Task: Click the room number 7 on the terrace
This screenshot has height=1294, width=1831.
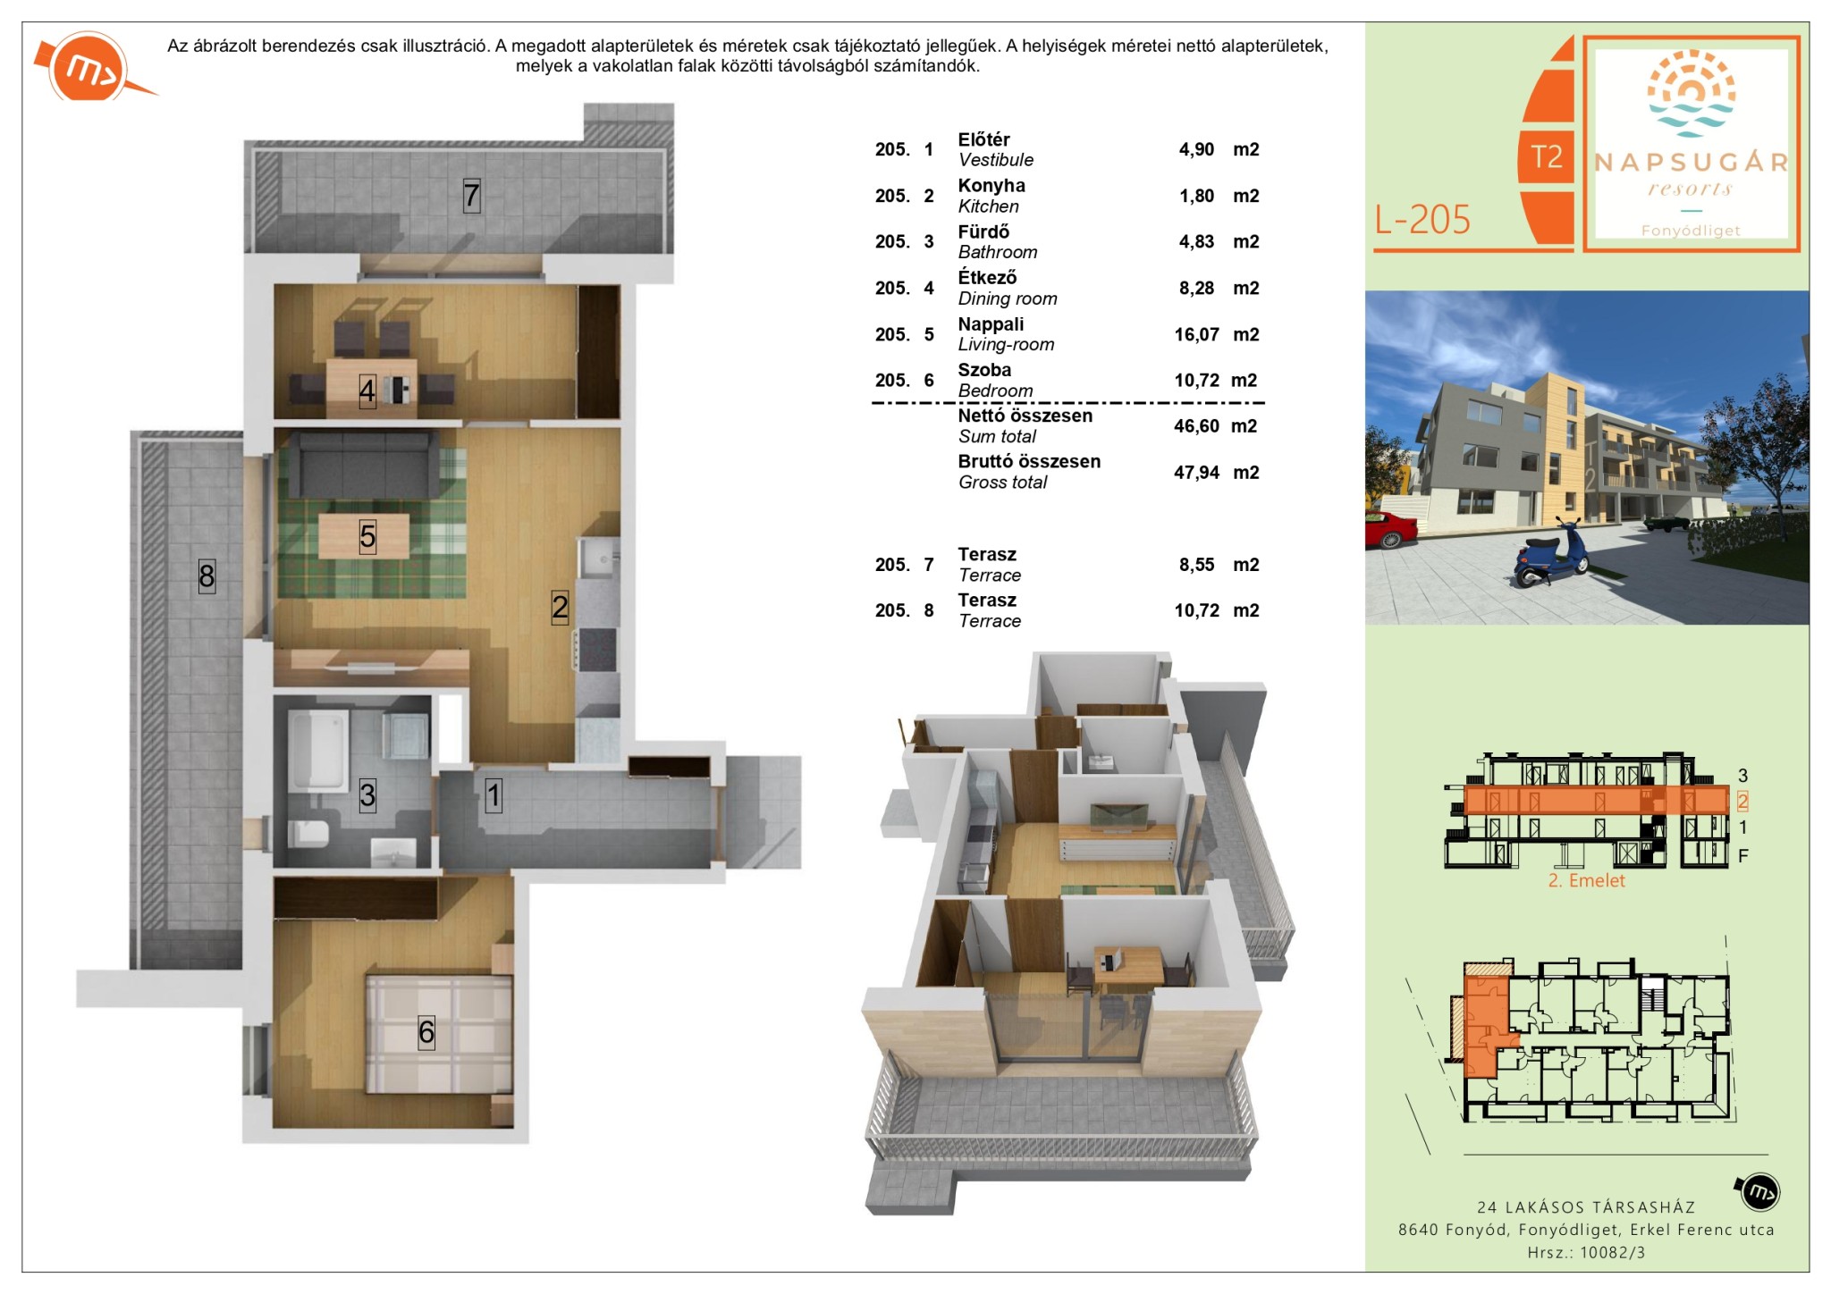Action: tap(471, 195)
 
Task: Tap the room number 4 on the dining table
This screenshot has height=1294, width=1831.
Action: tap(367, 391)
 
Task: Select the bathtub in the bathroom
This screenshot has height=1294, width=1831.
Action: tap(317, 751)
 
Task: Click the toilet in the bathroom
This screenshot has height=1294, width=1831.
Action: tap(308, 834)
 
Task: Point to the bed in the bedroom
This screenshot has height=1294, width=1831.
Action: tap(438, 1034)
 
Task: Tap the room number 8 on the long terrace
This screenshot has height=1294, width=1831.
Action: tap(207, 576)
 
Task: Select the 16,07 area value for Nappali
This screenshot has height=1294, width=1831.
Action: tap(1196, 335)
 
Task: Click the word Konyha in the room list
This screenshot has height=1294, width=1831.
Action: tap(991, 186)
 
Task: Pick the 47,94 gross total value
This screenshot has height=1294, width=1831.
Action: tap(1196, 473)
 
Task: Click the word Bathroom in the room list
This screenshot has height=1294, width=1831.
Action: tap(998, 253)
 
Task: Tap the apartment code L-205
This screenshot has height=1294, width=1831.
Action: tap(1422, 220)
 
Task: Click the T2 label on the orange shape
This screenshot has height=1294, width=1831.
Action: tap(1547, 157)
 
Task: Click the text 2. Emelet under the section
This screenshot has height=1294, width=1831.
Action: tap(1587, 880)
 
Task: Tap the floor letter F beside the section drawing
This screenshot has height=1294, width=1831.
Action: tap(1742, 856)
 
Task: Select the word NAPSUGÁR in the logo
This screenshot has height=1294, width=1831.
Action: tap(1691, 163)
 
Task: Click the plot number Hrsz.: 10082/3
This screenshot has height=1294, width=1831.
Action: tap(1586, 1253)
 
